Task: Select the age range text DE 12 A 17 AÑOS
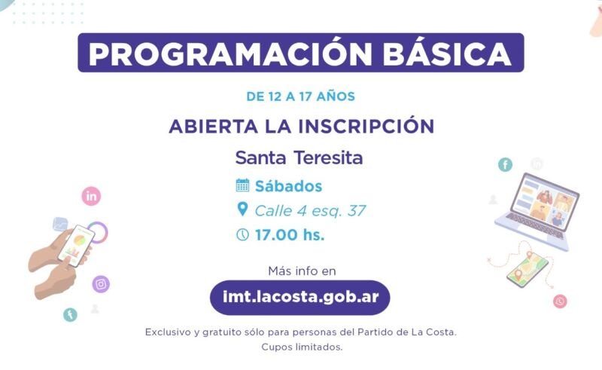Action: coord(300,96)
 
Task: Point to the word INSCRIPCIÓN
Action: coord(366,125)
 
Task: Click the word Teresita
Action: coord(328,157)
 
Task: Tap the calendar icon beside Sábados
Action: coord(242,185)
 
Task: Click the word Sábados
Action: coord(289,186)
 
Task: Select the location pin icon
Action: coord(242,209)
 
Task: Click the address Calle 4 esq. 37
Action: coord(310,211)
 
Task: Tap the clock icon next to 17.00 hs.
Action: coord(242,234)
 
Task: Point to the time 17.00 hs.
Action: coord(290,234)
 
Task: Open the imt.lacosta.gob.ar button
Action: coord(299,298)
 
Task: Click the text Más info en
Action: coord(302,271)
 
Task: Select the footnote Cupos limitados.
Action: coord(302,347)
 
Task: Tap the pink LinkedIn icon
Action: coord(91,196)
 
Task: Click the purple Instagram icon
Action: coord(101,284)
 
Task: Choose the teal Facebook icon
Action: coord(505,165)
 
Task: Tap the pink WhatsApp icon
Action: coord(560,301)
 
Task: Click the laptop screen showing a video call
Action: coord(546,202)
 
